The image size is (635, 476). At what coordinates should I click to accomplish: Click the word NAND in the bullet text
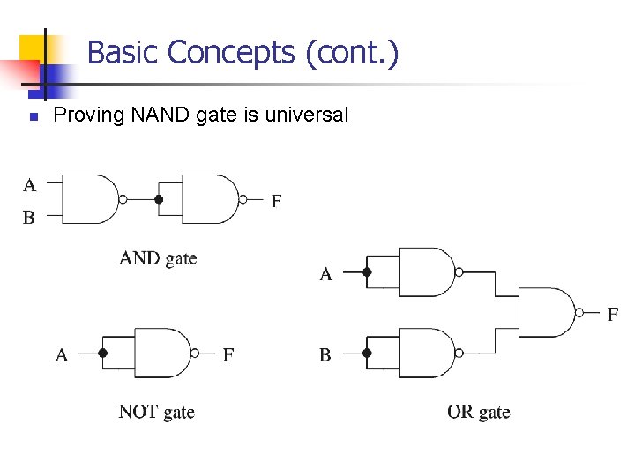tap(151, 115)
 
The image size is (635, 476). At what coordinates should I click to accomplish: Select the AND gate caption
tap(158, 258)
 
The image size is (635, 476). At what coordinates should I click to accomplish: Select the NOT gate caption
tap(156, 412)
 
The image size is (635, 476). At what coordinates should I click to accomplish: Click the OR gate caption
tap(478, 412)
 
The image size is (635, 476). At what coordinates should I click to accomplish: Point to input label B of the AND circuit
tap(29, 217)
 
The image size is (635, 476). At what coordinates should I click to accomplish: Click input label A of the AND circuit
tap(29, 185)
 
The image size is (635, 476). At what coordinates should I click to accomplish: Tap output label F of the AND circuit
tap(277, 201)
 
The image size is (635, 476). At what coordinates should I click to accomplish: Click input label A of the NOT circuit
tap(62, 355)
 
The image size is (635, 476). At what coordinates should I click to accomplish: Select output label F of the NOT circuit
tap(228, 355)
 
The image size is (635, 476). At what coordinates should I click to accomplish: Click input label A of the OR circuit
tap(325, 274)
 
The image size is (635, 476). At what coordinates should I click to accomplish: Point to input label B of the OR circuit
tap(325, 355)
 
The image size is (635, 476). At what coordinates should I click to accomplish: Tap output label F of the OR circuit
tap(612, 314)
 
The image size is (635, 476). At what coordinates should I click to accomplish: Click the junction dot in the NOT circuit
tap(103, 353)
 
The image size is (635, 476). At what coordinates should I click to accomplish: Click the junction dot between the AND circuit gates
tap(159, 199)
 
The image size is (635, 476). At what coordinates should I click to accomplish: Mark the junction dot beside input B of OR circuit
tap(368, 353)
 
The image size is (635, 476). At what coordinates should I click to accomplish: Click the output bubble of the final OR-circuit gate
tap(579, 312)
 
